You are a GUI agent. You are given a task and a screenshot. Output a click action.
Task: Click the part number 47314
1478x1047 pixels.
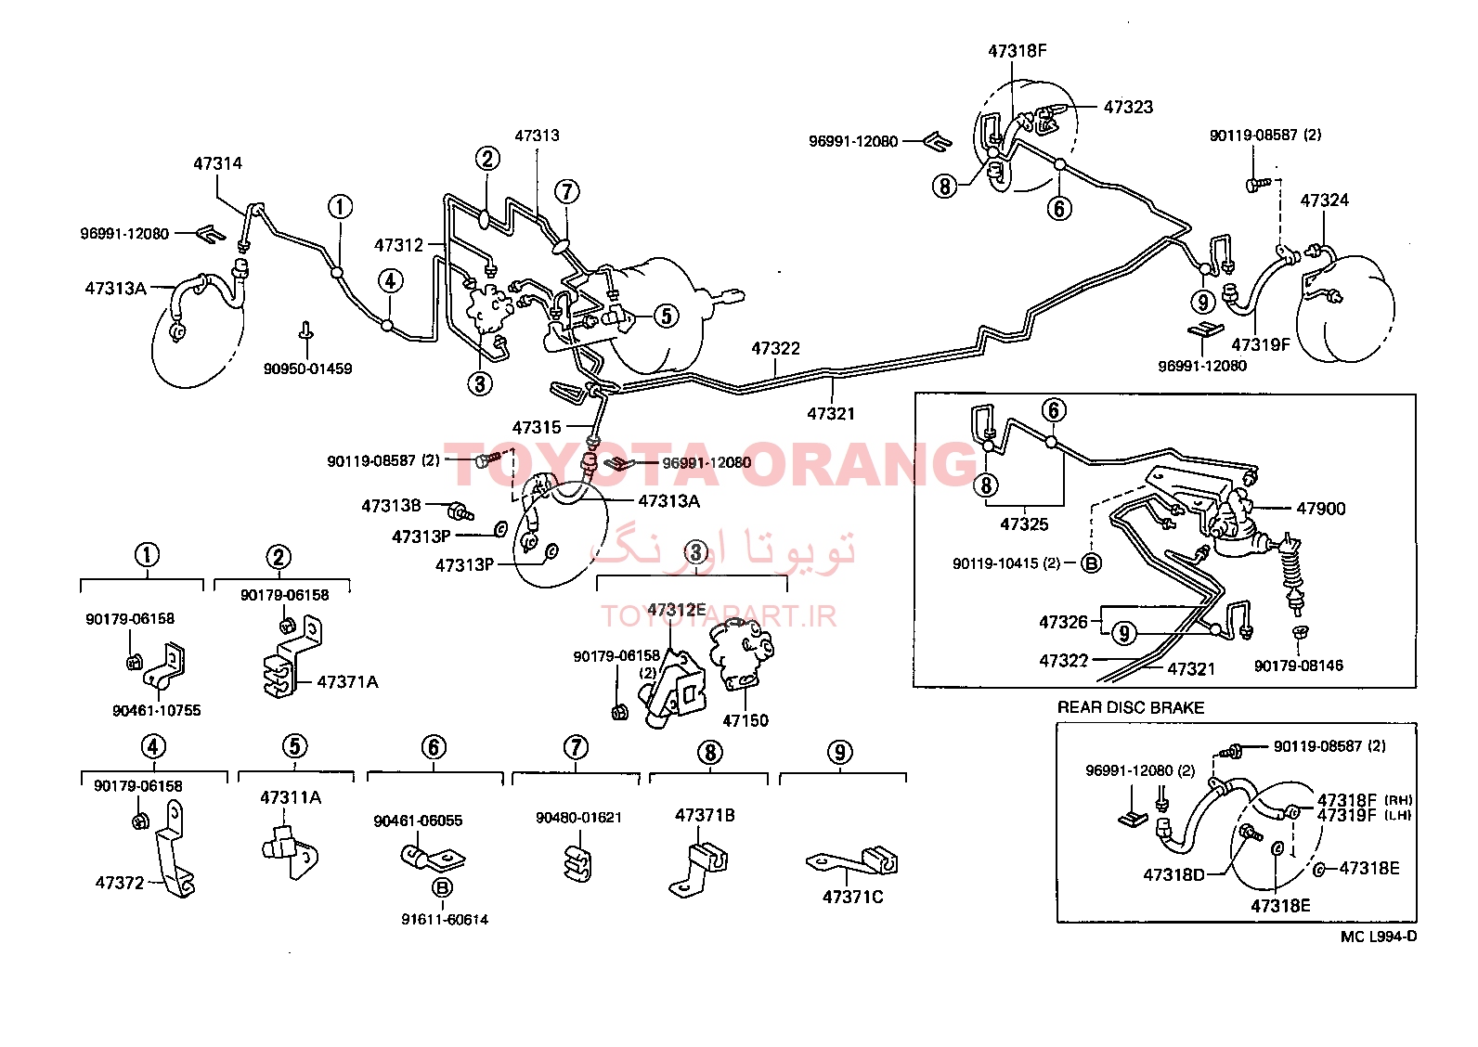(218, 163)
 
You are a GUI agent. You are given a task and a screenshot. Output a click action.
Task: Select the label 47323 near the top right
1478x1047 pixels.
(1128, 107)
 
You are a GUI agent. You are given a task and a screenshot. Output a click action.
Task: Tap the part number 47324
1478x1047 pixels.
(1324, 200)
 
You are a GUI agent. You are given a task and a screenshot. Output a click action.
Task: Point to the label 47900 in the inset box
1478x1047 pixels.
(1321, 509)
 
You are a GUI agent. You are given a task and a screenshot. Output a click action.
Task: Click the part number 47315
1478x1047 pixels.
(537, 428)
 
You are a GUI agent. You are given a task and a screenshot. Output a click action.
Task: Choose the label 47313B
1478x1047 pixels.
(391, 506)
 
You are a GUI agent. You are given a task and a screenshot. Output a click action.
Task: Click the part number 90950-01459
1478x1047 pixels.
(307, 368)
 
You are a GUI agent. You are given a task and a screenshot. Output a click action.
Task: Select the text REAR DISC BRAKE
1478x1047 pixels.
(1131, 708)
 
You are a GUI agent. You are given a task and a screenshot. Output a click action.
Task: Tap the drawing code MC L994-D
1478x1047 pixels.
(1379, 937)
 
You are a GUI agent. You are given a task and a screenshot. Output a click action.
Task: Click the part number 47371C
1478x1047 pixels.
(852, 898)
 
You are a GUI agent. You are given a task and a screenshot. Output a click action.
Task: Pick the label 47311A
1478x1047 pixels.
(291, 798)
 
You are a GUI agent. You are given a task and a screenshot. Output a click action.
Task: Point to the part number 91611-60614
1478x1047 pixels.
(445, 920)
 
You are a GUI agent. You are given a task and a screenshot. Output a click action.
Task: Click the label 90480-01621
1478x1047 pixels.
(578, 818)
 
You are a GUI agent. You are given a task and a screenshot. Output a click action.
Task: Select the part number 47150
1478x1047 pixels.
(745, 721)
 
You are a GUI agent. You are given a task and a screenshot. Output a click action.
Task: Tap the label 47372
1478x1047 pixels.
(120, 883)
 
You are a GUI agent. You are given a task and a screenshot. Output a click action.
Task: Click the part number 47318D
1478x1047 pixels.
(1173, 874)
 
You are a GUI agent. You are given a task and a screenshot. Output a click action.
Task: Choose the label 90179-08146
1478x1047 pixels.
(1299, 666)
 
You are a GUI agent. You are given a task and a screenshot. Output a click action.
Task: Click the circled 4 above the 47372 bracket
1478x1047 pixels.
(154, 747)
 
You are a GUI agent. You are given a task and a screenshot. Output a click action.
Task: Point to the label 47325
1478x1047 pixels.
(1024, 524)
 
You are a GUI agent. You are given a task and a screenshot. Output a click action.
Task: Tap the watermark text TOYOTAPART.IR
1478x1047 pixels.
(720, 617)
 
